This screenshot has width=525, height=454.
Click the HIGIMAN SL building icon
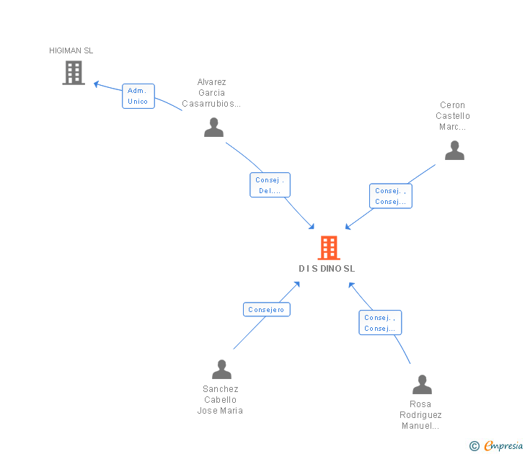pos(74,73)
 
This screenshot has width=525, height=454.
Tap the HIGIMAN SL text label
pos(71,50)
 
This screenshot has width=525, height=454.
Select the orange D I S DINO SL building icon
pos(329,248)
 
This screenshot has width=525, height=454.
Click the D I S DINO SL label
pos(327,269)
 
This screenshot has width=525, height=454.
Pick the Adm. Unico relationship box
pos(138,96)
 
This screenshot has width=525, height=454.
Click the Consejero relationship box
pos(267,309)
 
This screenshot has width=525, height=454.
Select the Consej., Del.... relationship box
pos(270,185)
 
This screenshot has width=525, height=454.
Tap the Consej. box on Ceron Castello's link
pos(391,196)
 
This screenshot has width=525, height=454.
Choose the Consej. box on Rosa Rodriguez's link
pos(380,323)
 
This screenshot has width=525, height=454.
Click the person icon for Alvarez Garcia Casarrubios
pos(213,128)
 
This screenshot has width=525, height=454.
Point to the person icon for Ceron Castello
pos(454,150)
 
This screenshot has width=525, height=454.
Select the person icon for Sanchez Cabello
pos(221,370)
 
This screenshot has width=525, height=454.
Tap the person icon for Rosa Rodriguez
pos(422,385)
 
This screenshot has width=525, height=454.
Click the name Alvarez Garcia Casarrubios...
pos(211,93)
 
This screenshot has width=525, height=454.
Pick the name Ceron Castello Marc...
pos(453,116)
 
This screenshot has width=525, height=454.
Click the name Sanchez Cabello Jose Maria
pos(220,400)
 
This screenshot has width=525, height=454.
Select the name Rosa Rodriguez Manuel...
pos(420,415)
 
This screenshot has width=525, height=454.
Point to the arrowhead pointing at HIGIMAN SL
pos(96,84)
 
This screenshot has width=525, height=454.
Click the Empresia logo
pos(503,445)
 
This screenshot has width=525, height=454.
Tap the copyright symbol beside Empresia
pos(475,446)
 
